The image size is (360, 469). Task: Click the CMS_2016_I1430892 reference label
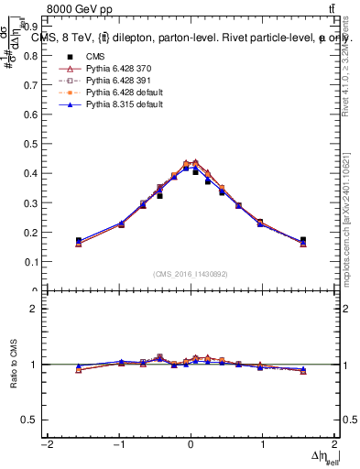pos(190,273)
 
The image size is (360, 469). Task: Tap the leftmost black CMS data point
pos(79,241)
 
